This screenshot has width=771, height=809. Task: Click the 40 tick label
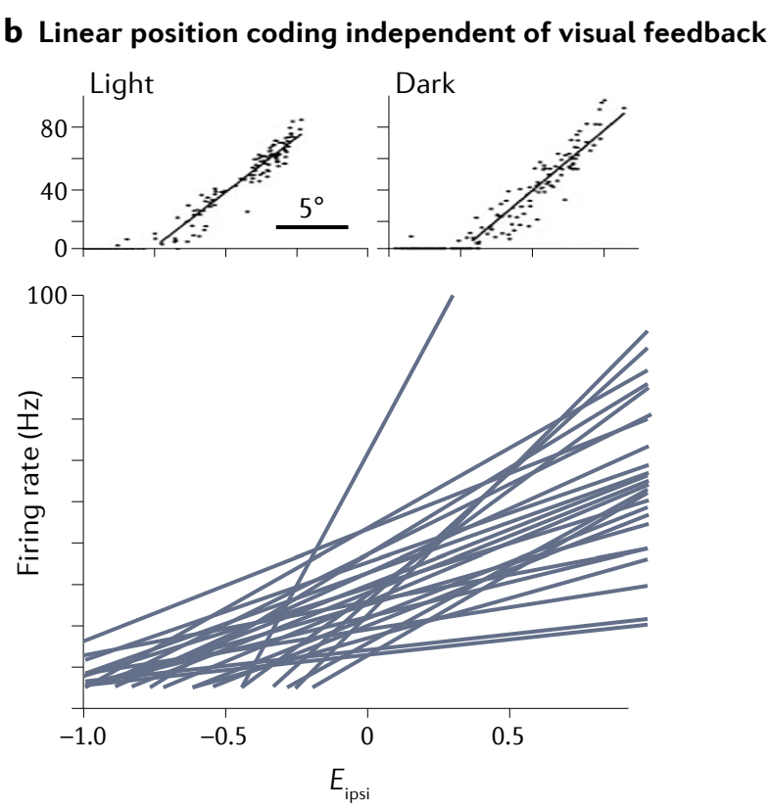coord(54,190)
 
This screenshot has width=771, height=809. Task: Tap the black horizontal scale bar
coord(312,227)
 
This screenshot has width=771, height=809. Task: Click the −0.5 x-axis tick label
coord(224,735)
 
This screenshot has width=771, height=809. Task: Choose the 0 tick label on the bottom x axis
coord(367,735)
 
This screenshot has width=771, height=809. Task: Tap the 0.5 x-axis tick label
coord(509,735)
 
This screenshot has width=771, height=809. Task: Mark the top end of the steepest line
coord(452,296)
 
